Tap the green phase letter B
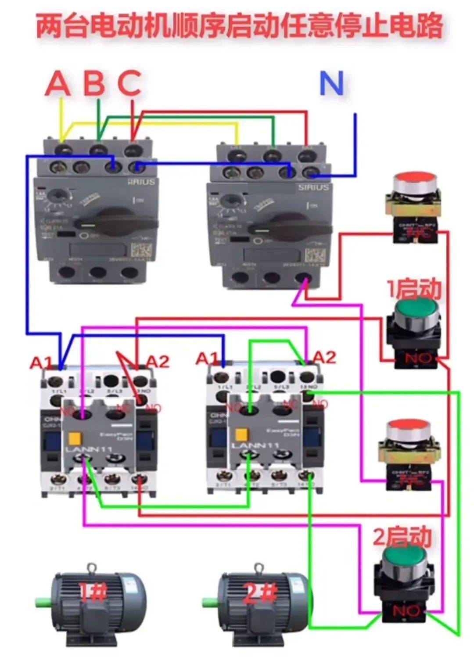[x=94, y=83]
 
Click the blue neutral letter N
[x=331, y=83]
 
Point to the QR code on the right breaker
[x=315, y=256]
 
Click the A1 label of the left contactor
[x=41, y=363]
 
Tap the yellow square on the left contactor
[x=74, y=439]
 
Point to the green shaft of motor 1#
[x=44, y=600]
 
